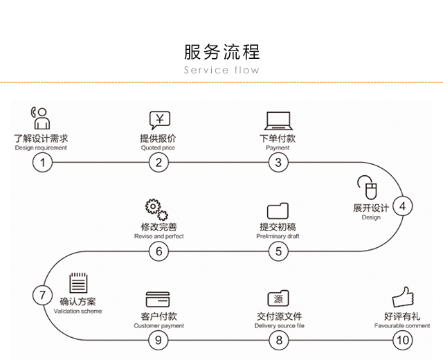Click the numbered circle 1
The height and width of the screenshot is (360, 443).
coord(43,163)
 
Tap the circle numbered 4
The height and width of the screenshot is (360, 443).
coord(404,206)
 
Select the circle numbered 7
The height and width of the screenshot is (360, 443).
coord(43,296)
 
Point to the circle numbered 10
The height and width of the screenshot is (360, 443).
coord(403,339)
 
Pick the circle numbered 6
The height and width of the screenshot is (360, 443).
coord(159,251)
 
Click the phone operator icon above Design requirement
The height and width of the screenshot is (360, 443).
coord(41,118)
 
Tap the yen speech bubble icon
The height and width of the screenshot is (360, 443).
coord(159,119)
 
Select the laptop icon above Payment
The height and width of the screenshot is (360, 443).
coord(278,120)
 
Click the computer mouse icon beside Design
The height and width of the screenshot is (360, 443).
coord(366,187)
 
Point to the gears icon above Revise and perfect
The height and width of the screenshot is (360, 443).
coord(153,208)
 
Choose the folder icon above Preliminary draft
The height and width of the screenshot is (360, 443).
coord(278,210)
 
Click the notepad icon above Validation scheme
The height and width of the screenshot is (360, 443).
coord(78,284)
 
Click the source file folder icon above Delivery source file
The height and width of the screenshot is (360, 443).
coord(278,299)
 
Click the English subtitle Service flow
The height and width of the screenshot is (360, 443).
coord(221,70)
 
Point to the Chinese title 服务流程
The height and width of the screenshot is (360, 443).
coord(221,52)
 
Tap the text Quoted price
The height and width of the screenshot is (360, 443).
coord(159,148)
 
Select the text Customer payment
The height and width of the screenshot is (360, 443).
coord(159,325)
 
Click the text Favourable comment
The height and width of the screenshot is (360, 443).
coord(402,325)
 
